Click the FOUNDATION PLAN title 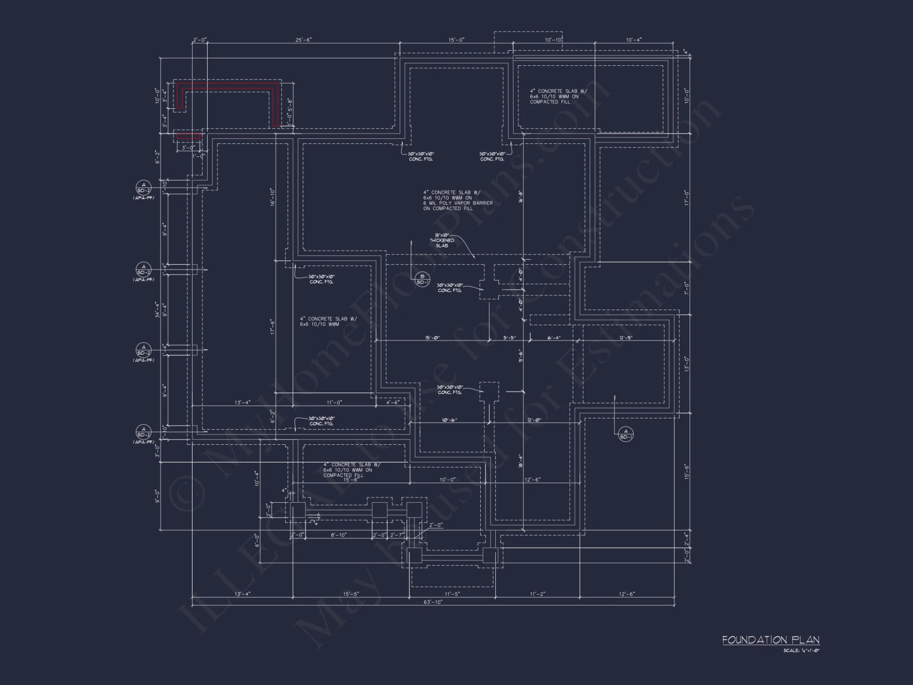click(x=771, y=640)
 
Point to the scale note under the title click(x=801, y=650)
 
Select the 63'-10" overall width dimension click(x=433, y=602)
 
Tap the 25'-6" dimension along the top click(x=303, y=40)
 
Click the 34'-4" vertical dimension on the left click(x=157, y=309)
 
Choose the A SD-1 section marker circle click(x=626, y=434)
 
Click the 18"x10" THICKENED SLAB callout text click(x=442, y=240)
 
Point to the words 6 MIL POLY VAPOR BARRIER click(x=458, y=203)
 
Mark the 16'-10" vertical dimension click(x=273, y=197)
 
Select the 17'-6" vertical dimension click(x=273, y=327)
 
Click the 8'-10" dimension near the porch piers click(x=338, y=535)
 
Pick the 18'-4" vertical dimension click(x=521, y=461)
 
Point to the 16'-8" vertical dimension click(x=521, y=197)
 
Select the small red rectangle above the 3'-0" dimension click(x=189, y=136)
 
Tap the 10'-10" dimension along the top click(x=553, y=40)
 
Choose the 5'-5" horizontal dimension click(x=509, y=338)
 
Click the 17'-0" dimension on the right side click(x=686, y=197)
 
